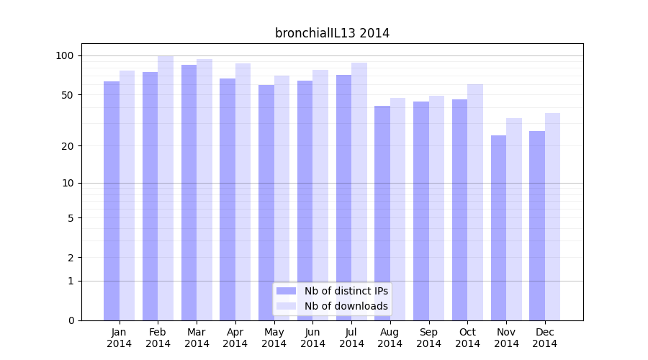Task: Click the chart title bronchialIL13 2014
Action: [332, 33]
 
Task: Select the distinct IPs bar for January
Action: [112, 202]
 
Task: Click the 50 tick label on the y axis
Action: [68, 95]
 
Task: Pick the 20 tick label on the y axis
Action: [68, 146]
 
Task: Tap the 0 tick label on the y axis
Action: [71, 320]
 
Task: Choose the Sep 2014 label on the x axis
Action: [428, 338]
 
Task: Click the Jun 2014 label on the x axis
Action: [312, 338]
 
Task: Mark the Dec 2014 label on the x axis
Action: [544, 338]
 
